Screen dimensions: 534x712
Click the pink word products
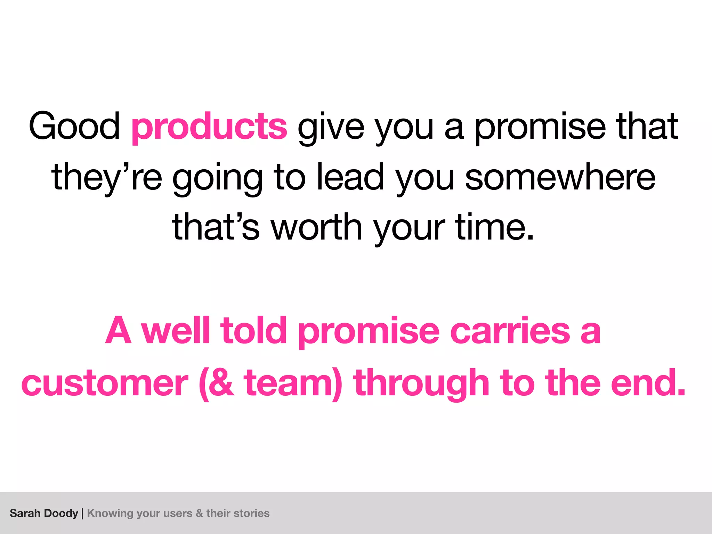click(209, 127)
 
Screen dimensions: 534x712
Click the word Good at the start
click(74, 126)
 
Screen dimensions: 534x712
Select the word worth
click(316, 227)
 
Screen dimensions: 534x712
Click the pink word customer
click(105, 383)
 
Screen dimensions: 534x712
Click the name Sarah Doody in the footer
click(44, 513)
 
